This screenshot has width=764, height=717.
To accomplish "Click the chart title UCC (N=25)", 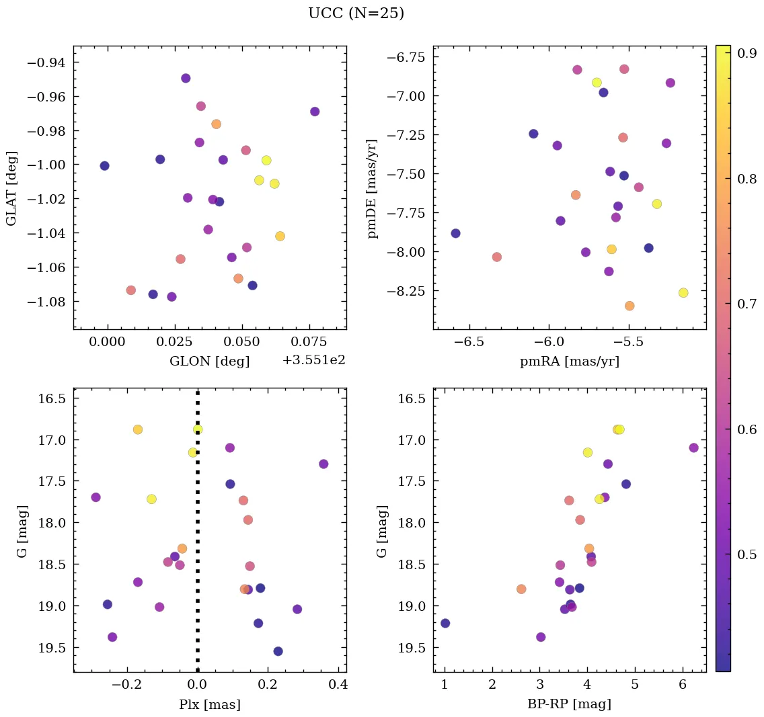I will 356,13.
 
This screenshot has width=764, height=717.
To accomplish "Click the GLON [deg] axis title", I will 209,362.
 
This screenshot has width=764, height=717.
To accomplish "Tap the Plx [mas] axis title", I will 209,704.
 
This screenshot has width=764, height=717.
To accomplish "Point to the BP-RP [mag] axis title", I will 569,704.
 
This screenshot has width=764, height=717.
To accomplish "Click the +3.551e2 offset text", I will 313,360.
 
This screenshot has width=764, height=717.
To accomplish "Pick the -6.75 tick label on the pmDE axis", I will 406,57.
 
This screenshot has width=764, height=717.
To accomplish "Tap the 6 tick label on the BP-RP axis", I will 683,685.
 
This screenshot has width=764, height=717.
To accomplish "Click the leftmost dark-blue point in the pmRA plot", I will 455,233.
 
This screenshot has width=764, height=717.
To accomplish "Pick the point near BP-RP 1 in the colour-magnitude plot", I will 445,623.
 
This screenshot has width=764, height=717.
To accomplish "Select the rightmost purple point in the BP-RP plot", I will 693,448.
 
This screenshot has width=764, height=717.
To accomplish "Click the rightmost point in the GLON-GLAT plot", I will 315,112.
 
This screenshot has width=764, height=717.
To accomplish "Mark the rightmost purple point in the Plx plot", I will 323,464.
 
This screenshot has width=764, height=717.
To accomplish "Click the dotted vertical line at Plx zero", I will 197,538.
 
